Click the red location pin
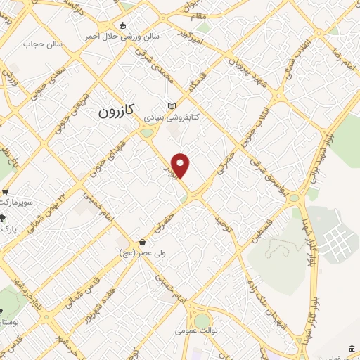click(x=181, y=165)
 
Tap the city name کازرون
click(x=116, y=112)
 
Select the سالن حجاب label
click(x=43, y=44)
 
